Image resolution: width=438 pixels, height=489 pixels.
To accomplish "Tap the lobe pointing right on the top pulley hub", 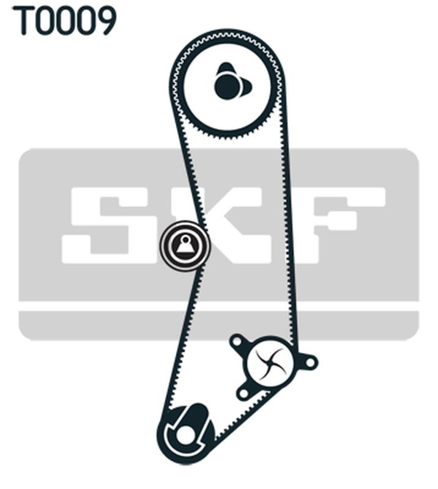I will (x=246, y=89).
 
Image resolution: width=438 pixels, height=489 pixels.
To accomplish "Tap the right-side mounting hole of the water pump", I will (x=310, y=362).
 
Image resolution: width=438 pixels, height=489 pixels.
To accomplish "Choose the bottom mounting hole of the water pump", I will (x=243, y=391).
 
